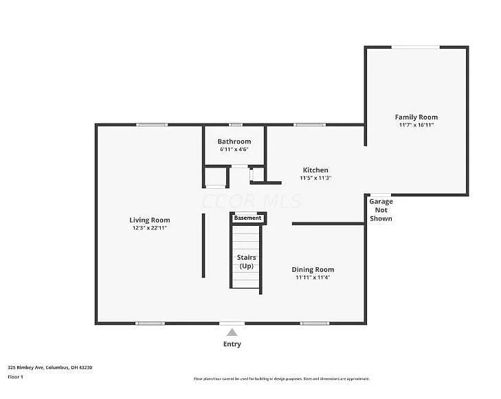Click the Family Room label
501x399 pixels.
[x=416, y=117]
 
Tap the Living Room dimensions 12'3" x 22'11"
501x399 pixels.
[x=150, y=228]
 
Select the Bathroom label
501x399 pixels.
[x=234, y=141]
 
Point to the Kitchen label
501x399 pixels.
[x=315, y=170]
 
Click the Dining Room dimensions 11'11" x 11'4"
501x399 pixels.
[x=313, y=277]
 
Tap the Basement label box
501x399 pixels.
[x=247, y=218]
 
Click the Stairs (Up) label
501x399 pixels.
[x=246, y=261]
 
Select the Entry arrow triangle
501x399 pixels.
[x=232, y=332]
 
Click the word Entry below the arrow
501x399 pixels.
[x=232, y=344]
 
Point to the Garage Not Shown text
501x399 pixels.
[x=381, y=209]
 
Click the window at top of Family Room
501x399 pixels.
[x=416, y=47]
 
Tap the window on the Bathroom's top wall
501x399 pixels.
[x=235, y=124]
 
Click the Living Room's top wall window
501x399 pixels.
[x=151, y=124]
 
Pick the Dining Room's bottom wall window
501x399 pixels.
[x=314, y=323]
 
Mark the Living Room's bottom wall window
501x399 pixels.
[x=150, y=323]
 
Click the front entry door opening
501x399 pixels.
[x=232, y=323]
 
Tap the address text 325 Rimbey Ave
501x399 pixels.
[x=49, y=367]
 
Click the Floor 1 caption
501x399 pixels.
[x=15, y=376]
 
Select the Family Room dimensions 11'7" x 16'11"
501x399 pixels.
[x=416, y=125]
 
